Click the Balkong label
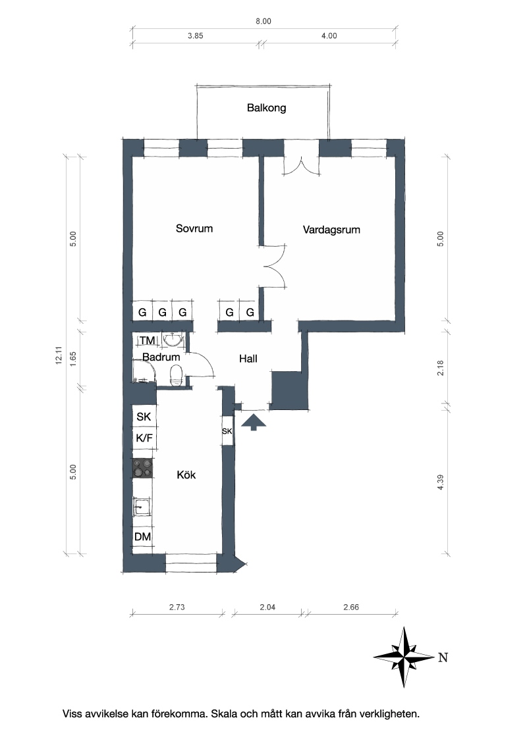(x=266, y=108)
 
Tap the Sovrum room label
(x=194, y=228)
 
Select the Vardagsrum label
(x=331, y=230)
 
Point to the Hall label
(x=248, y=359)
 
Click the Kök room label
(x=186, y=475)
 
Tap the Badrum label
(x=161, y=357)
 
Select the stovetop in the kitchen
(x=143, y=468)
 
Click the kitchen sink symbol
(x=142, y=507)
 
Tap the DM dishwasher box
(x=143, y=537)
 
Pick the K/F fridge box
(x=144, y=438)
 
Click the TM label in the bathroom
(x=147, y=340)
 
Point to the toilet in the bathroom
(x=175, y=375)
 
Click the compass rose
(x=404, y=657)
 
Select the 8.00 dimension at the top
(x=263, y=21)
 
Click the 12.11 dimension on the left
(x=59, y=355)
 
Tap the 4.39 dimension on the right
(x=440, y=482)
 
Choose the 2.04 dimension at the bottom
(x=267, y=607)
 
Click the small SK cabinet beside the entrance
(x=227, y=431)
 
